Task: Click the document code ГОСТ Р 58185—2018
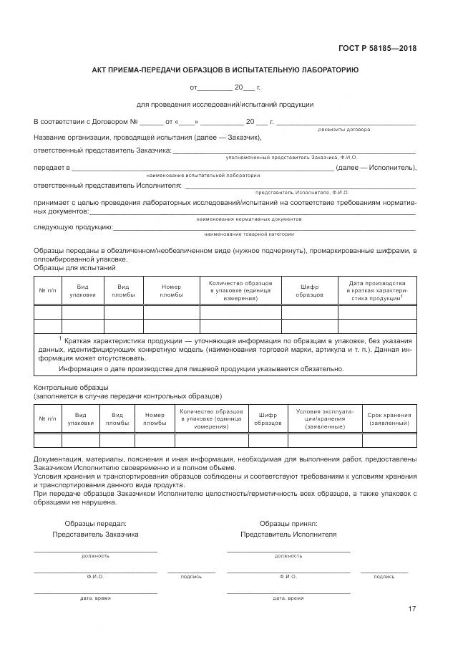coord(376,49)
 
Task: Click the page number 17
coord(411,609)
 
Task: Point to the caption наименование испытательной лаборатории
coord(203,175)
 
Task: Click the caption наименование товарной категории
coord(248,234)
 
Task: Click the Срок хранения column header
coord(389,419)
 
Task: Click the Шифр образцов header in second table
coord(268,419)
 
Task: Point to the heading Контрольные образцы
coord(65,387)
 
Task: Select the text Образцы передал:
coord(95,524)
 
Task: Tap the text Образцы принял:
coord(288,524)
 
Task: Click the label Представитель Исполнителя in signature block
coord(288,535)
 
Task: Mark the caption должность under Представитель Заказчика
coord(95,555)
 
